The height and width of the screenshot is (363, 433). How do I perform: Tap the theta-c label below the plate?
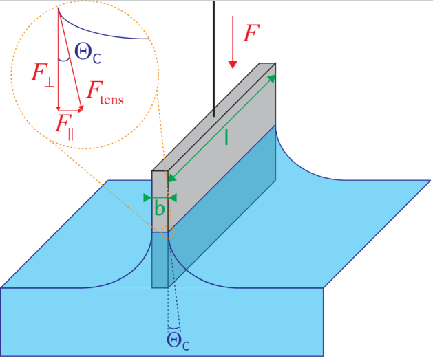178,340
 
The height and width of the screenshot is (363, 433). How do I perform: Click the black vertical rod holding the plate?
213,55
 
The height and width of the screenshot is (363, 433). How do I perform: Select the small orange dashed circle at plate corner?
167,234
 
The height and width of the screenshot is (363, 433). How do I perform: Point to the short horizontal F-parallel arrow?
70,110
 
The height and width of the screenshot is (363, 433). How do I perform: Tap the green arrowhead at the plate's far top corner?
274,78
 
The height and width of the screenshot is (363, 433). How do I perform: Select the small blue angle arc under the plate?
175,326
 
